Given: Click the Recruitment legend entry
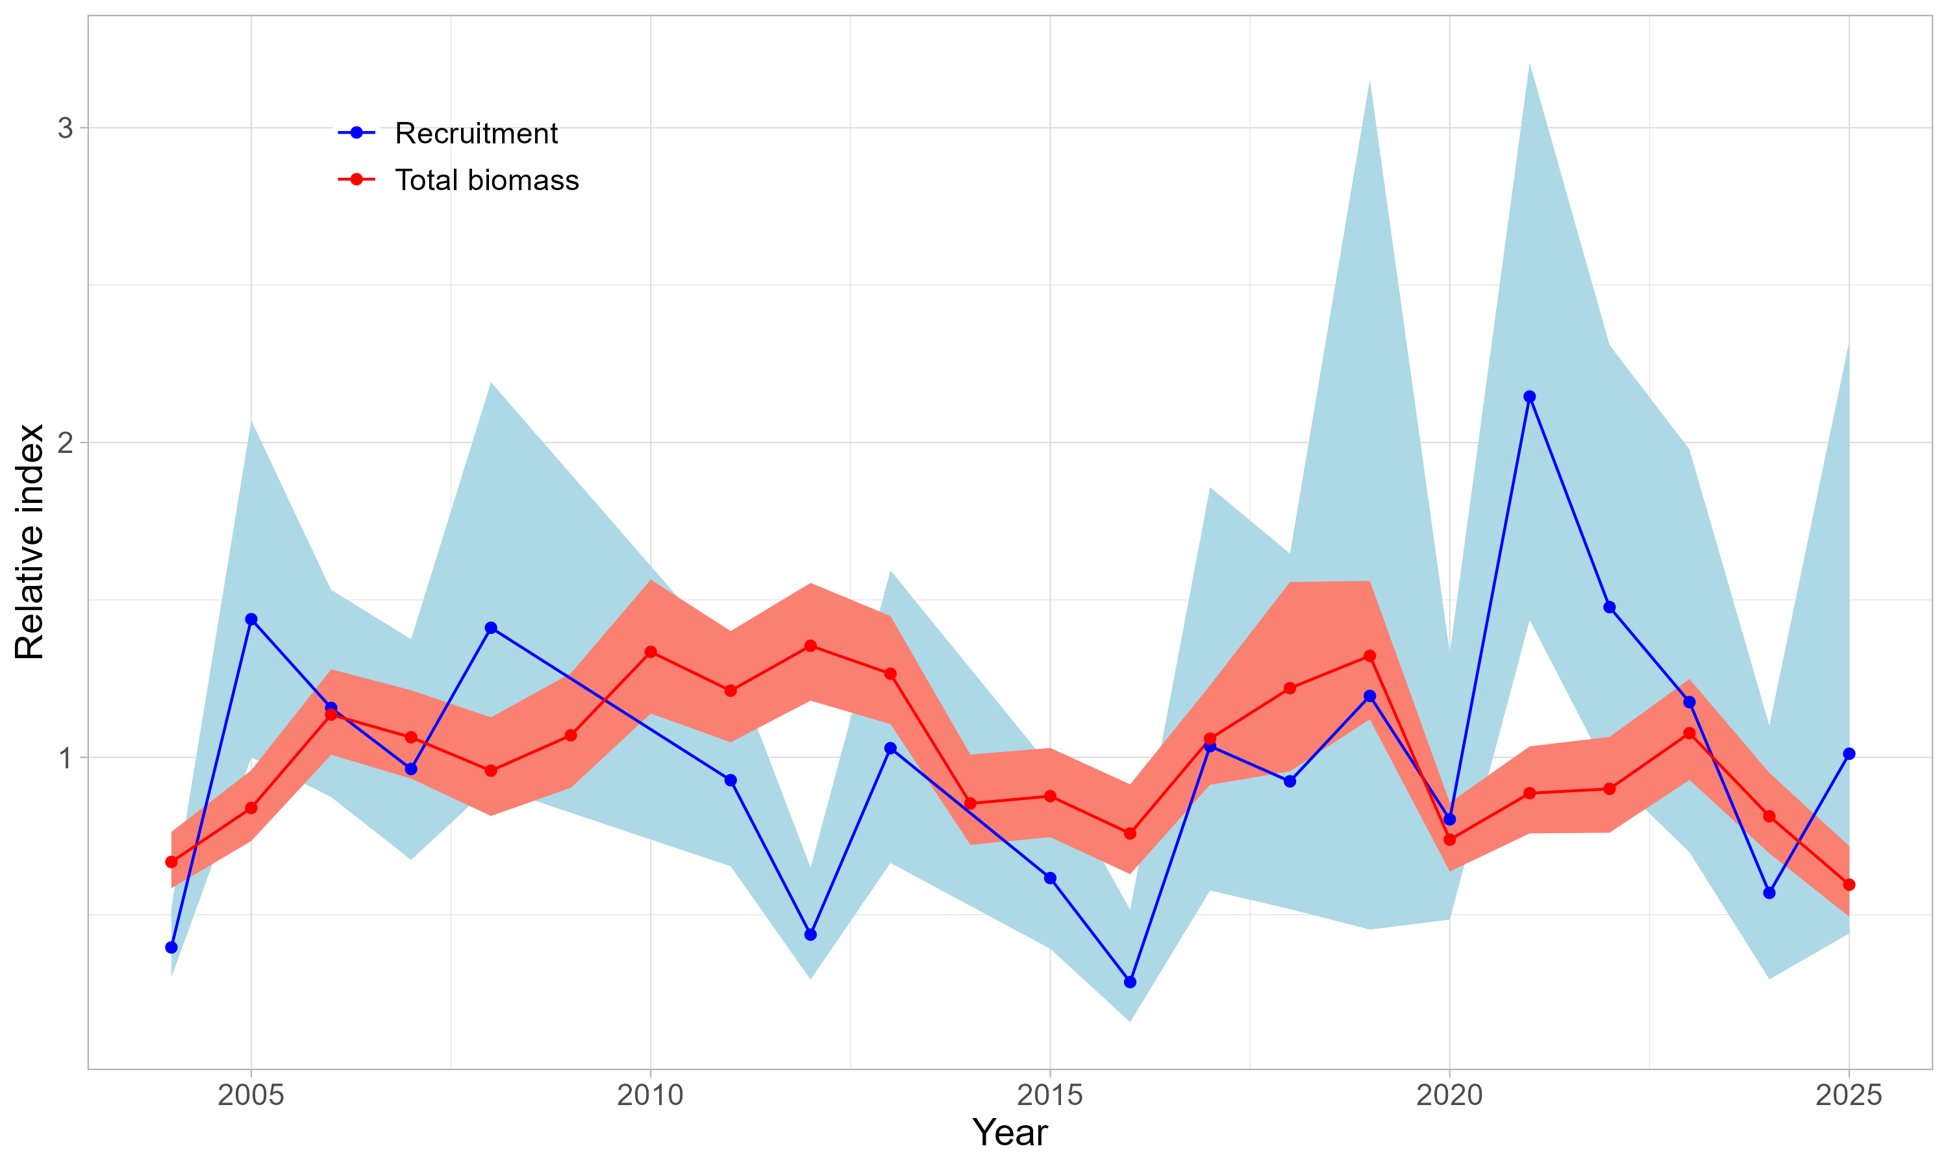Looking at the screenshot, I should click(x=475, y=133).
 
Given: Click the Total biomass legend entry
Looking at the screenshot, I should click(x=486, y=180).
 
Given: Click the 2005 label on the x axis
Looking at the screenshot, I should click(x=251, y=1095).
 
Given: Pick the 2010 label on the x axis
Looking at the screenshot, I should click(x=651, y=1095).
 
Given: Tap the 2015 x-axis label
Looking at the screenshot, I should click(x=1049, y=1095).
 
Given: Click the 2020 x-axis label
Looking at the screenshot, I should click(x=1449, y=1095).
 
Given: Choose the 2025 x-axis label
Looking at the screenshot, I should click(x=1848, y=1095).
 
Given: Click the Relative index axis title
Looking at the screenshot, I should click(x=30, y=542).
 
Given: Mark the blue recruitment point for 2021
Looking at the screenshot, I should click(x=1529, y=396).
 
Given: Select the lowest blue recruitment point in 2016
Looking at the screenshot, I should click(x=1130, y=982).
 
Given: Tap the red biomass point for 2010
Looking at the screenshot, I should click(x=651, y=651).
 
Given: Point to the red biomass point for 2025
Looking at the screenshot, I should click(x=1849, y=884).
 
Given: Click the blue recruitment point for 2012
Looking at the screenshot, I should click(x=810, y=934).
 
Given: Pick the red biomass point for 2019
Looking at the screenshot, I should click(x=1369, y=655).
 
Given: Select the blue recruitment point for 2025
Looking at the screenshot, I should click(x=1849, y=754).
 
